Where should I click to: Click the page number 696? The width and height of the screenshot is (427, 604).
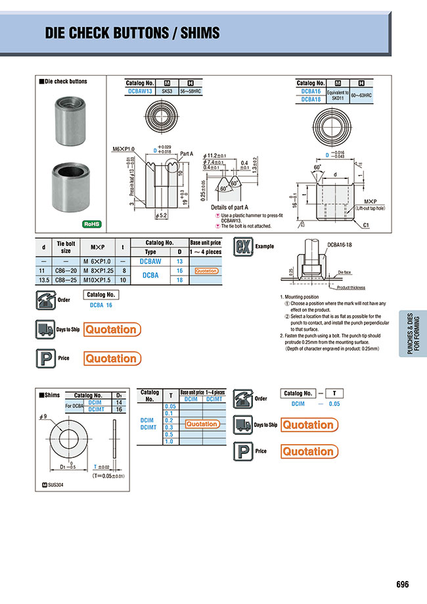(403, 584)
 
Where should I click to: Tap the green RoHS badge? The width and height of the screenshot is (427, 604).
(91, 224)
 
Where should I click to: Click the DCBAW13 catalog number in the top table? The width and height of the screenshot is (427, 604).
(139, 91)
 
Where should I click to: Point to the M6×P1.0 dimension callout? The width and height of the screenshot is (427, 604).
(123, 149)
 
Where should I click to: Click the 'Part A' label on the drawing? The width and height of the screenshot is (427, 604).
(187, 154)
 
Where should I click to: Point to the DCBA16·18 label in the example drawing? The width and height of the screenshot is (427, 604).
(341, 243)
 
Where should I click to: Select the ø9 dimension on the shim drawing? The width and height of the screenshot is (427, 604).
(44, 417)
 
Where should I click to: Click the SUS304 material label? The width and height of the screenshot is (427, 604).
(53, 486)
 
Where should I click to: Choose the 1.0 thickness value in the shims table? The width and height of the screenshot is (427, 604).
(169, 441)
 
